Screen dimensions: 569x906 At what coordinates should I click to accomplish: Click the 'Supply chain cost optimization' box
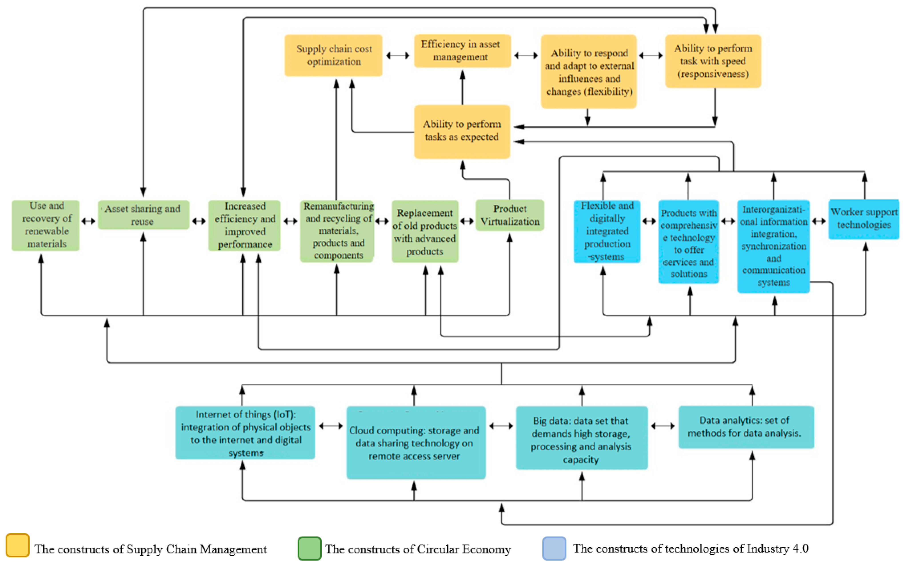coord(333,55)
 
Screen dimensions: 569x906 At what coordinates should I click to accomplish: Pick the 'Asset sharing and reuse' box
coord(143,215)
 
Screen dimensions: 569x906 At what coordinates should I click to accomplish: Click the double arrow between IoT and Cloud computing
coord(331,426)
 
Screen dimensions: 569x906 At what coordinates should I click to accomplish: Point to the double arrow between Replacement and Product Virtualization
coord(467,221)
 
